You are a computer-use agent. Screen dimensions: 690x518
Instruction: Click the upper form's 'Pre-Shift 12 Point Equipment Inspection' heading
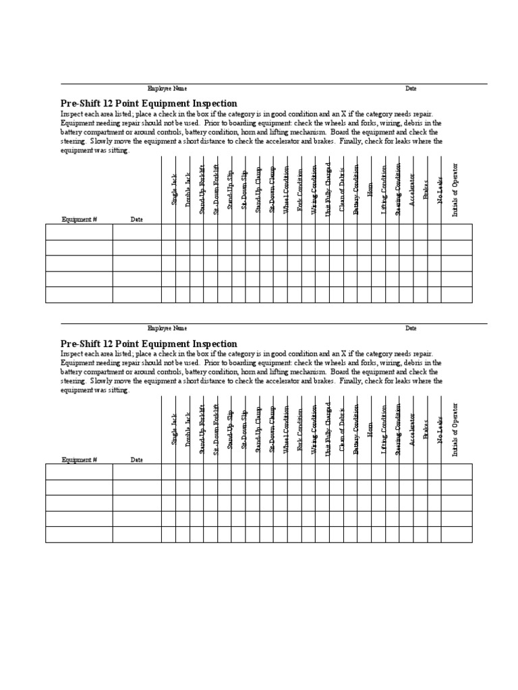149,104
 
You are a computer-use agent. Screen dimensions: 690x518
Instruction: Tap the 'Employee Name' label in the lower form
167,328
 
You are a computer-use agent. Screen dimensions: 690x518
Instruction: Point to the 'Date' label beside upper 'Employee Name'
411,88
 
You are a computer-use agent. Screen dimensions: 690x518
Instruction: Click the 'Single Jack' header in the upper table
174,189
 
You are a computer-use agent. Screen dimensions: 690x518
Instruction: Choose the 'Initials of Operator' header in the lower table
455,430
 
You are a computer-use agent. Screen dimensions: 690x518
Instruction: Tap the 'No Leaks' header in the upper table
440,191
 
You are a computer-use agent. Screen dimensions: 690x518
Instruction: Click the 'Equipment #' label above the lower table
80,460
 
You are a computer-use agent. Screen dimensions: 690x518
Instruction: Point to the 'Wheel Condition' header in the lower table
286,430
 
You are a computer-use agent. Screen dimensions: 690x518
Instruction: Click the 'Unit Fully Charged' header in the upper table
328,189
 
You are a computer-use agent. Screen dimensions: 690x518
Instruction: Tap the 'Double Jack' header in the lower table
188,429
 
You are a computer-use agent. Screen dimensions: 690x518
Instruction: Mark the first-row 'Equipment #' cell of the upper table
79,232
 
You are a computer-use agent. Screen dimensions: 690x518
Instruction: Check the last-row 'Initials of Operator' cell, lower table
457,534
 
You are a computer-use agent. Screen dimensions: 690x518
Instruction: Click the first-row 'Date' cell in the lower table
137,472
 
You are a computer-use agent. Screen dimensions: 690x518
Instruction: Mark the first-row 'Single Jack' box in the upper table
169,232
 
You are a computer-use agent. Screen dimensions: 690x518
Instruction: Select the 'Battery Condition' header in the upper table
356,189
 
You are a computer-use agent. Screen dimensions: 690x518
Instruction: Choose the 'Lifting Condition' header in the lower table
384,429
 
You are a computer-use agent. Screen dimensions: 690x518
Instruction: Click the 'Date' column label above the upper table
136,220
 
